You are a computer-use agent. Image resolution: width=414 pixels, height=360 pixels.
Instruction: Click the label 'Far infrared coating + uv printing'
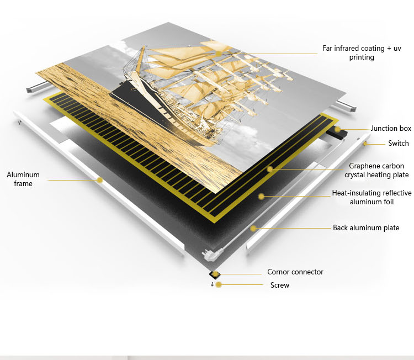coord(362,53)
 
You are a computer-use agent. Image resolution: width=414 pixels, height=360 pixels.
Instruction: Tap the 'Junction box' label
coord(391,128)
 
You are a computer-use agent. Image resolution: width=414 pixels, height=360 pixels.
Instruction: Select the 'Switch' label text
coord(398,143)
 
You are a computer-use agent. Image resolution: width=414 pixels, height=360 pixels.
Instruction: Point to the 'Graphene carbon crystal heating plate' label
coord(376,171)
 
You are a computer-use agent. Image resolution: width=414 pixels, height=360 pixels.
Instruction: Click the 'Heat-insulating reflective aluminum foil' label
coord(371,197)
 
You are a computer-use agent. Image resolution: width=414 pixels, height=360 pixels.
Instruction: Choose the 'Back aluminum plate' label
coord(366,227)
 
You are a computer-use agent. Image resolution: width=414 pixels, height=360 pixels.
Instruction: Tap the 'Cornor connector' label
coord(295,272)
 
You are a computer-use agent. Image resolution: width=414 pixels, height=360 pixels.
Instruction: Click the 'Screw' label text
coord(280,285)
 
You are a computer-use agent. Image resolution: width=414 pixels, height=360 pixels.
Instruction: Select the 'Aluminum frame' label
coord(23,179)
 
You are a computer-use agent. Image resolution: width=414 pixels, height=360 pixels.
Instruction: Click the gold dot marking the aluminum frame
coord(99,180)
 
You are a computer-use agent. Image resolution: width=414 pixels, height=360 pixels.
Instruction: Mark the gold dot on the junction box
coord(337,129)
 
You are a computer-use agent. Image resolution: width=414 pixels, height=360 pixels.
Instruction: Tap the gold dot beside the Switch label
coord(365,144)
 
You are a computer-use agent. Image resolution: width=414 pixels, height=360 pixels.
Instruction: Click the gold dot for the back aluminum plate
coord(253,228)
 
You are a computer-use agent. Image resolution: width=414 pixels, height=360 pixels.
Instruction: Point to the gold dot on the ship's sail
coord(219,54)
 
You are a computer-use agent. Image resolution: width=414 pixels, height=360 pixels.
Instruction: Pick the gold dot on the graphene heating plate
coord(269,169)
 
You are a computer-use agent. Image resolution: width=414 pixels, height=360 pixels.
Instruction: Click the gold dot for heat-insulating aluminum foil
coord(261,196)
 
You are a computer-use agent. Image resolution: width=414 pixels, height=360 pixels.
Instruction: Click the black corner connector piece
coord(213,275)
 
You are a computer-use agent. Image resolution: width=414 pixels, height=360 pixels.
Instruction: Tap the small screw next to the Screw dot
coord(212,284)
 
